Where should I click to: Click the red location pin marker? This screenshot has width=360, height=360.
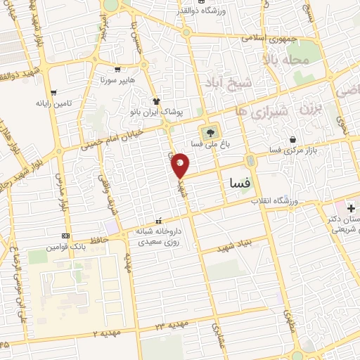pos(181,165)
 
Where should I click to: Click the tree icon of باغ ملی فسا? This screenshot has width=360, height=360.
pos(209,132)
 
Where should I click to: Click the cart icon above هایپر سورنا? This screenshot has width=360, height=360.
pos(117,70)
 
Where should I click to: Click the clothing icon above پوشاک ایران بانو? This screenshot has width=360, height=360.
pos(156,101)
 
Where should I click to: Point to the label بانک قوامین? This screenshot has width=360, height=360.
pos(65,247)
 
